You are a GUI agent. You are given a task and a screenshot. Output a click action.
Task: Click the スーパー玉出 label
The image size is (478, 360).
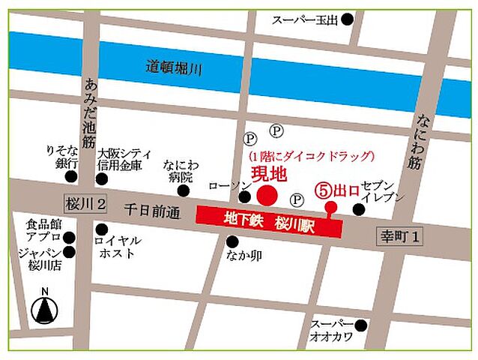coord(306,20)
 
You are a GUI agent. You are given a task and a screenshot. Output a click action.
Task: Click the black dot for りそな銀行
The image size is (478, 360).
coord(71,178)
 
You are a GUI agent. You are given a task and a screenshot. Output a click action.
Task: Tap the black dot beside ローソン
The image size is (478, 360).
coord(244,197)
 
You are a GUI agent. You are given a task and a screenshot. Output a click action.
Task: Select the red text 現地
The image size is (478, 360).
coord(268,175)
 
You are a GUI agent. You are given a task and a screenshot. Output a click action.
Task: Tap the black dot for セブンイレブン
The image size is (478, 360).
coord(358,208)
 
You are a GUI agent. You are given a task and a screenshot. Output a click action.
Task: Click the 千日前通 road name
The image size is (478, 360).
coord(153,213)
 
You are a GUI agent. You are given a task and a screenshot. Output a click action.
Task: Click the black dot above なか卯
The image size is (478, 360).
coord(233,241)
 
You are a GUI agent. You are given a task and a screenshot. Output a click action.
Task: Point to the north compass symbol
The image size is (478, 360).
coord(43,307)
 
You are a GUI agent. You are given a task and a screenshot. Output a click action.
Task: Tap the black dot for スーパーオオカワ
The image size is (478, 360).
coord(361,325)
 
